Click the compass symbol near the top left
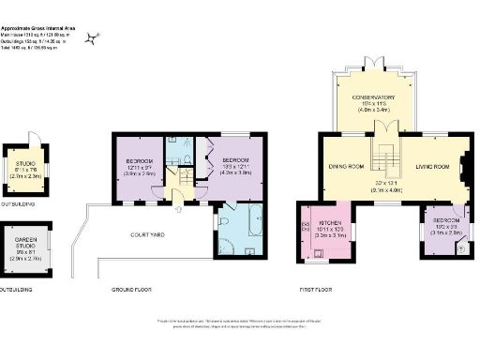pos(92,37)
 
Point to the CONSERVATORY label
pos(373,97)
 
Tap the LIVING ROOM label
pos(433,167)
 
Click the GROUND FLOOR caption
pos(130,290)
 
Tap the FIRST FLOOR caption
pos(317,290)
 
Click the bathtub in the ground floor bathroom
pos(250,226)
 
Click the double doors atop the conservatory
pos(373,61)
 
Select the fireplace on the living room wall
pos(465,155)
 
